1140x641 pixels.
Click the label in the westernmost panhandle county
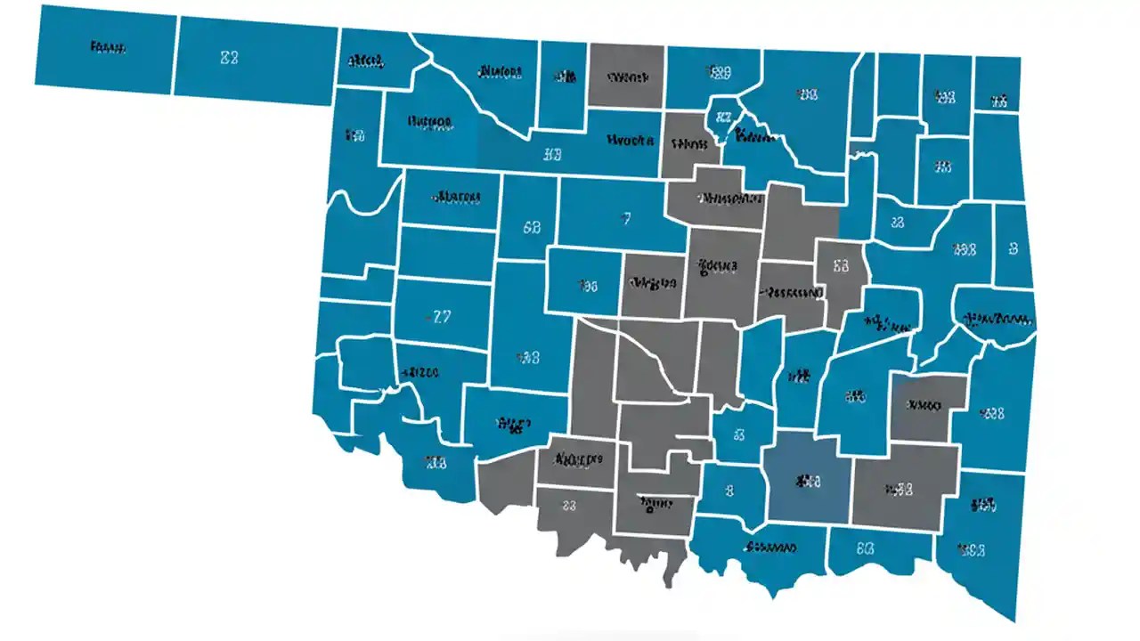point(108,47)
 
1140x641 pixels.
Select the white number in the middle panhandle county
point(229,58)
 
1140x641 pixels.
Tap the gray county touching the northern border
point(626,77)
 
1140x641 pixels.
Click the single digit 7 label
point(626,218)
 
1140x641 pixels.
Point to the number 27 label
point(441,316)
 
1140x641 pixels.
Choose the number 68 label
point(532,227)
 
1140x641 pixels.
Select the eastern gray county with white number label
point(840,266)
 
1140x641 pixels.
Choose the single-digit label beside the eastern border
point(1014,249)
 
